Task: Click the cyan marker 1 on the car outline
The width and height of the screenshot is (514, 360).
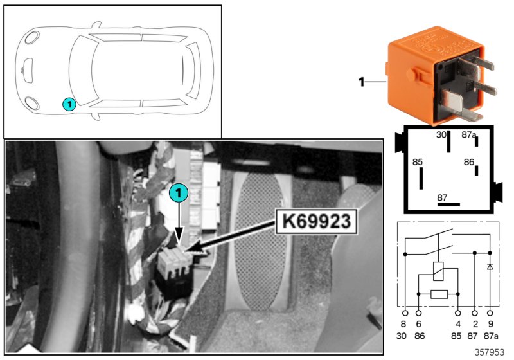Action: pyautogui.click(x=69, y=103)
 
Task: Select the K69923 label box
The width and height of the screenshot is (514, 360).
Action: pyautogui.click(x=315, y=223)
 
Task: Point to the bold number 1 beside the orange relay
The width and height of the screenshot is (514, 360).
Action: pyautogui.click(x=361, y=82)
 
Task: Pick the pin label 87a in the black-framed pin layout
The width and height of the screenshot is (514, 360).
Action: pyautogui.click(x=469, y=135)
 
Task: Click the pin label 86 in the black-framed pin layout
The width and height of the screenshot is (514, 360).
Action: pyautogui.click(x=469, y=163)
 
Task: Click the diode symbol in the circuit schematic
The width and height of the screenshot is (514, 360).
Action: pyautogui.click(x=491, y=265)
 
